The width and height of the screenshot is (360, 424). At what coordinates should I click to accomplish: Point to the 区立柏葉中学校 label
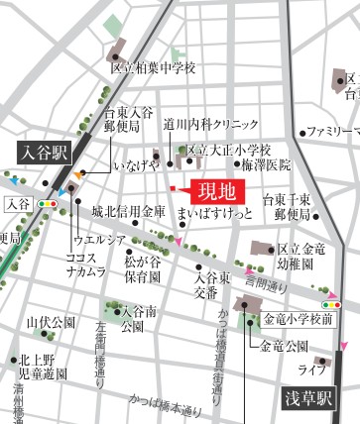click(154, 68)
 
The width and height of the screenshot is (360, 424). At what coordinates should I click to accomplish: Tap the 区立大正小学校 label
click(229, 150)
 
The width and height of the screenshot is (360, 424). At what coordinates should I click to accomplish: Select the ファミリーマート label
click(332, 131)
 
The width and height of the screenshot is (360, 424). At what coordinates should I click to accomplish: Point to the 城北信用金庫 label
click(129, 212)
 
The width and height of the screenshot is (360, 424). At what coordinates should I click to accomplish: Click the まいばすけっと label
click(207, 212)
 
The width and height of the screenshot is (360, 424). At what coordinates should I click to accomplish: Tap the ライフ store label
click(312, 370)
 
